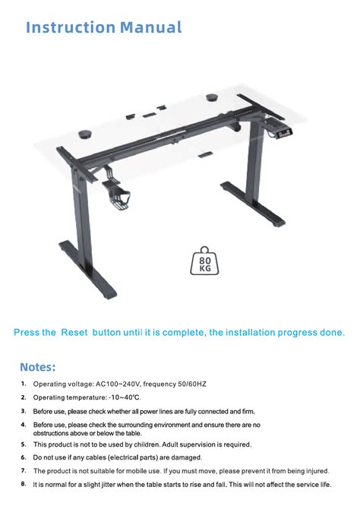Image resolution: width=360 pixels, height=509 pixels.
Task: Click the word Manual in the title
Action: click(x=151, y=27)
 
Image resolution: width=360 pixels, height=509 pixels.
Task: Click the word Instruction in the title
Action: click(x=71, y=27)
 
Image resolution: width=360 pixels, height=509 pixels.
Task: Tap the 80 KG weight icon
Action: click(x=204, y=261)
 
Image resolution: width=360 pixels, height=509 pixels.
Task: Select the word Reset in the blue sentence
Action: click(x=74, y=333)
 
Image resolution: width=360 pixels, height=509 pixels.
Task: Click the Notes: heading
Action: click(x=38, y=367)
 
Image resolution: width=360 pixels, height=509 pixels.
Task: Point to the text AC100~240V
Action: click(x=118, y=384)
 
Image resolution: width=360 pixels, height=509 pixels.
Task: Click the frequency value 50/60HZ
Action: click(x=192, y=384)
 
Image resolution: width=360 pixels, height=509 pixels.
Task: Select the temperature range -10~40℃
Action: click(x=125, y=397)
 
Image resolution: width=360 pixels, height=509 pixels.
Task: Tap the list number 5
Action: click(x=24, y=444)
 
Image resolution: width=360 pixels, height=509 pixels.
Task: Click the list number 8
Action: click(x=24, y=484)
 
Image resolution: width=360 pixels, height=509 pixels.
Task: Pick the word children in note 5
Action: click(x=147, y=444)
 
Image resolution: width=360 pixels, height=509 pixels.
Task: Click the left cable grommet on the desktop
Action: click(x=85, y=134)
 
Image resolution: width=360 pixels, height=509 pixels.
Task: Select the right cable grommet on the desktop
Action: click(x=213, y=97)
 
